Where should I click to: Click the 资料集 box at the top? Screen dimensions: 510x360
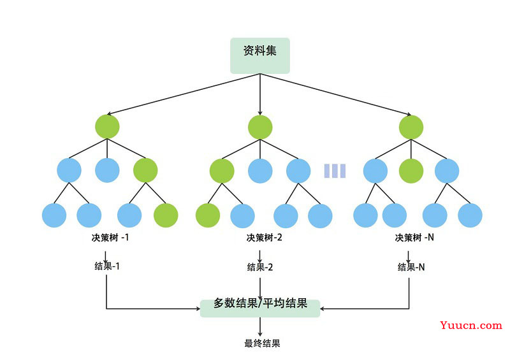pyautogui.click(x=260, y=55)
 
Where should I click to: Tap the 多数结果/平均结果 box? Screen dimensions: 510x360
pyautogui.click(x=260, y=308)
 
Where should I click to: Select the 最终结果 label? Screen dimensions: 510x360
pyautogui.click(x=262, y=343)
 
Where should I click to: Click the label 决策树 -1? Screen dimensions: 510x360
pyautogui.click(x=110, y=238)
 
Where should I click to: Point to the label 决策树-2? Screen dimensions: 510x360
pyautogui.click(x=264, y=238)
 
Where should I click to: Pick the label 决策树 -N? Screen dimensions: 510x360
pyautogui.click(x=414, y=238)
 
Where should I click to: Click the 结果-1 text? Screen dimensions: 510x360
pyautogui.click(x=107, y=266)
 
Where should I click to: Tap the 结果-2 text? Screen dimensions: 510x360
pyautogui.click(x=260, y=267)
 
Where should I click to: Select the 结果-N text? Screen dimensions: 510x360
pyautogui.click(x=411, y=267)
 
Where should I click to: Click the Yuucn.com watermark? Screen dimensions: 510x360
pyautogui.click(x=471, y=325)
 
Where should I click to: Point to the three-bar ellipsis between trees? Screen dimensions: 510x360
pyautogui.click(x=335, y=171)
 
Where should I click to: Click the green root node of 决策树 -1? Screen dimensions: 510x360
pyautogui.click(x=107, y=127)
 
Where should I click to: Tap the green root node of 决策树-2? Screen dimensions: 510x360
pyautogui.click(x=260, y=127)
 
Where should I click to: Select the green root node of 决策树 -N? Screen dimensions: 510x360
pyautogui.click(x=411, y=127)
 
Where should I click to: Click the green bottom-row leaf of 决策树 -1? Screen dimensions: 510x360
pyautogui.click(x=166, y=215)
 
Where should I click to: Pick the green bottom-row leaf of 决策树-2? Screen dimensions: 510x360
pyautogui.click(x=208, y=215)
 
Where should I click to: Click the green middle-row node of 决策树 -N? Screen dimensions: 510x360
pyautogui.click(x=411, y=171)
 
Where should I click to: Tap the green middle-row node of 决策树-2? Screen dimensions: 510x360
pyautogui.click(x=222, y=171)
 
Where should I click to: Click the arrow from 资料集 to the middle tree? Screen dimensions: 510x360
pyautogui.click(x=260, y=94)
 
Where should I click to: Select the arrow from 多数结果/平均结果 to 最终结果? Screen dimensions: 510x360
pyautogui.click(x=260, y=326)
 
